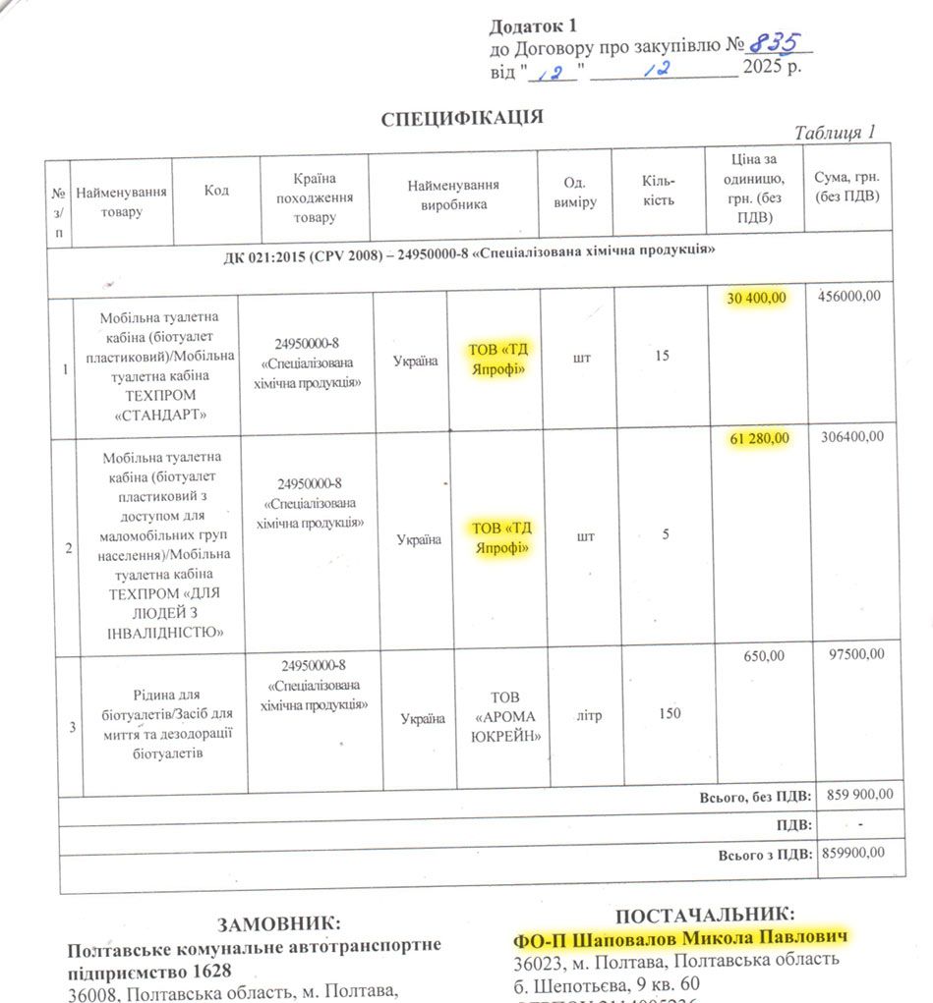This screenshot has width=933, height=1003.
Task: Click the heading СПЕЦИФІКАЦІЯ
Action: click(x=462, y=119)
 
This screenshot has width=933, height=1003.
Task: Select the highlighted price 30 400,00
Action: click(x=757, y=299)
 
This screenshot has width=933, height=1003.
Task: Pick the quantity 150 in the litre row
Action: click(x=669, y=714)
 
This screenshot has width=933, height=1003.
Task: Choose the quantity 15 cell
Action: click(x=662, y=356)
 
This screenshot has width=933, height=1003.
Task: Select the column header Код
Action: click(x=216, y=191)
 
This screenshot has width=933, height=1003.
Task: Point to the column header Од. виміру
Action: click(x=574, y=193)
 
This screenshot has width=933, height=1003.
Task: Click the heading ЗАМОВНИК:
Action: click(x=279, y=924)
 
